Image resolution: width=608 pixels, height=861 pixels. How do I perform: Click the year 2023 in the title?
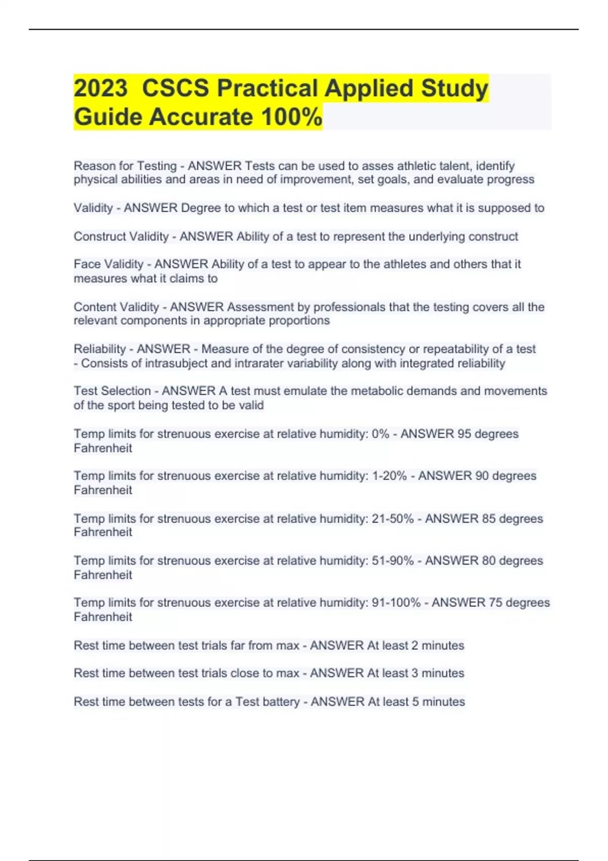pos(100,88)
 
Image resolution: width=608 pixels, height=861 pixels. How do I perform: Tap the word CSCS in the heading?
pos(175,88)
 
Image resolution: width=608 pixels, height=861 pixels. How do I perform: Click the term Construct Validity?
pos(121,237)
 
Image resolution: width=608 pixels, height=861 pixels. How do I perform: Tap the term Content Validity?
pos(117,307)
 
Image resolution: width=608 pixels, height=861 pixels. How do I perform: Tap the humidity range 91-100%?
pos(396,603)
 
